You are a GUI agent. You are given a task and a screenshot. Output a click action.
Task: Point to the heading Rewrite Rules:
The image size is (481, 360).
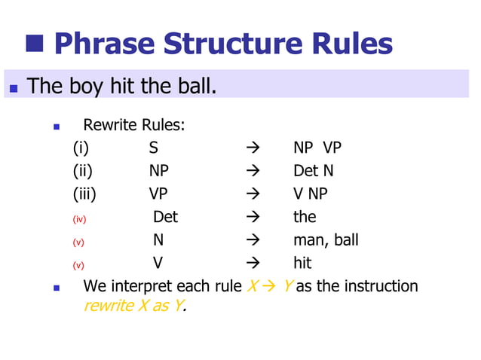click(x=133, y=124)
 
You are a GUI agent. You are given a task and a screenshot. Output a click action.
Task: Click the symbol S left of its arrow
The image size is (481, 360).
click(x=154, y=148)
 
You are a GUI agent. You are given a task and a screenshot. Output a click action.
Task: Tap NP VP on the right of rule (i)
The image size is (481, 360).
click(x=317, y=148)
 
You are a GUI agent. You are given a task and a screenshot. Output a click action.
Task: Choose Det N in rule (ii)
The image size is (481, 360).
click(x=313, y=171)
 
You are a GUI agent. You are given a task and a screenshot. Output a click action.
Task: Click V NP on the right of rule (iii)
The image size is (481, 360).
click(x=311, y=194)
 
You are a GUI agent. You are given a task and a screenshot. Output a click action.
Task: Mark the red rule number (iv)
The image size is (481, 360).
click(x=79, y=218)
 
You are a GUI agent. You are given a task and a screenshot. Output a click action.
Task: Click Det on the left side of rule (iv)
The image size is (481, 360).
click(x=165, y=217)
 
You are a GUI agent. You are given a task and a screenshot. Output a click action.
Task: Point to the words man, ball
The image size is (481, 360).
click(x=326, y=240)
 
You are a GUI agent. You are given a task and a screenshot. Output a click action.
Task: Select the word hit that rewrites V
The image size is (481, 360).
click(x=302, y=263)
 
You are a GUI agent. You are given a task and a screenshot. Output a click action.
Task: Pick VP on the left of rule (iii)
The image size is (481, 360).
click(x=158, y=194)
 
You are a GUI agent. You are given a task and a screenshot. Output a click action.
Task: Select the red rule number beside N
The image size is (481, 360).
click(x=78, y=242)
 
